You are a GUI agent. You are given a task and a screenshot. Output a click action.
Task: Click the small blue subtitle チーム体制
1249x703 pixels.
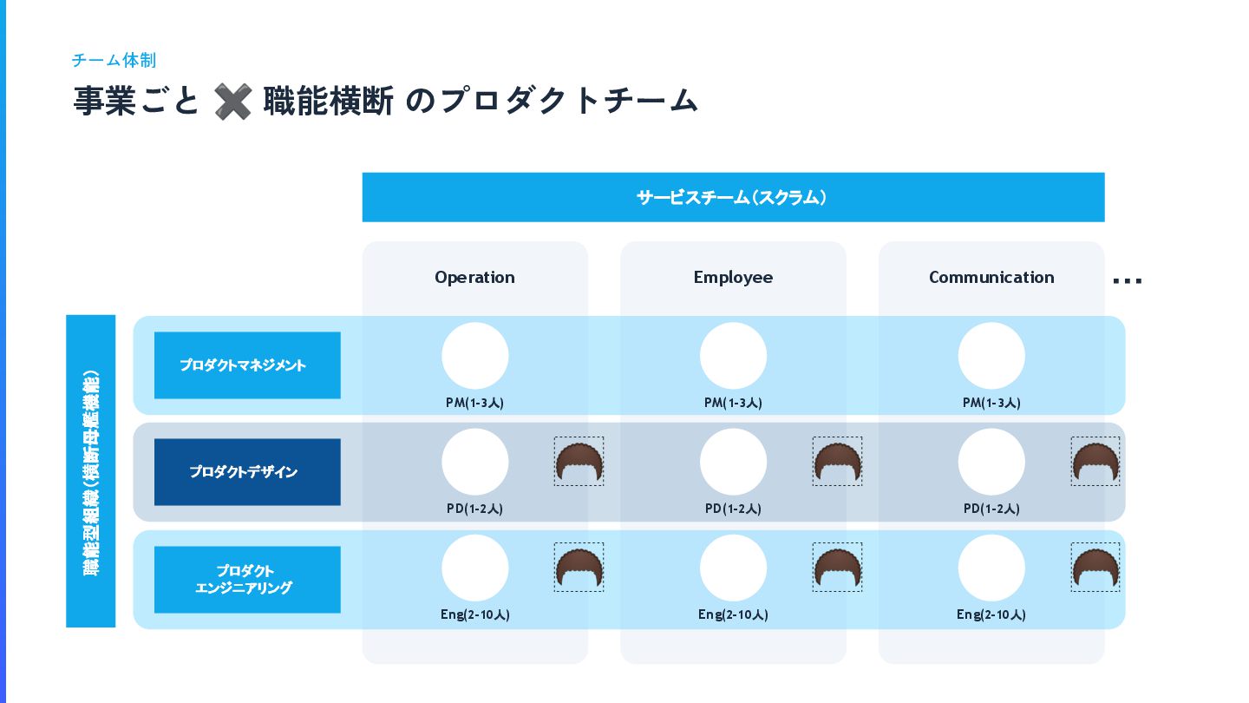click(114, 60)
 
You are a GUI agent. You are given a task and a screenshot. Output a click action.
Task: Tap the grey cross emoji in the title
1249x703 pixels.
click(232, 102)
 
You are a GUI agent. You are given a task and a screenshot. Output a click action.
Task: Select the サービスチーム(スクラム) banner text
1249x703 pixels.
click(733, 197)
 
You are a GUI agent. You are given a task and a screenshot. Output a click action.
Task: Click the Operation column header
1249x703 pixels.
click(474, 277)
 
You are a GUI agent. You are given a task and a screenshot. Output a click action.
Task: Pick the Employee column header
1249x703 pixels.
click(733, 277)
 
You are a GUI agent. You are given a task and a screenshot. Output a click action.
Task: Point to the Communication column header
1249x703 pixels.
click(991, 277)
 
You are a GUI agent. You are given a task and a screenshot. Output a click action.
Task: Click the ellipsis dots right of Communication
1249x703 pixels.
click(1127, 280)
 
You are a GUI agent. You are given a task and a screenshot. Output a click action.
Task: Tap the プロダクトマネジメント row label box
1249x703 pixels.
click(247, 365)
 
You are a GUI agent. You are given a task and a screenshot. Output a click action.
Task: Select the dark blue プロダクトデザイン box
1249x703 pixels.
click(247, 472)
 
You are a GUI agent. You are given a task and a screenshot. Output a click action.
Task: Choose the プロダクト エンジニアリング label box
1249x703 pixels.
click(247, 580)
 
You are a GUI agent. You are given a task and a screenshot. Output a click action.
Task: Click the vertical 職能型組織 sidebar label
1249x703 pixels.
click(91, 471)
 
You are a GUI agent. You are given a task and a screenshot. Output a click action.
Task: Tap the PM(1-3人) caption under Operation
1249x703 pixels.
click(474, 403)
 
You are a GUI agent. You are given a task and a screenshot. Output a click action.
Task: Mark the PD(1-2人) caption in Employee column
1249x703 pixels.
click(733, 509)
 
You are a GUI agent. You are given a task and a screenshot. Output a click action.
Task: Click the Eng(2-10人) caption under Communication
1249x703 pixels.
click(991, 614)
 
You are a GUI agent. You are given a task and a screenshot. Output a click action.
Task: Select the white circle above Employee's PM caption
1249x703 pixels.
click(733, 356)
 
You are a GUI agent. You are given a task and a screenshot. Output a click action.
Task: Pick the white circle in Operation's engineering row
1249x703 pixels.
click(474, 568)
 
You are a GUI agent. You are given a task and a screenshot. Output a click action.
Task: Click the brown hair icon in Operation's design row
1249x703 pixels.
click(579, 462)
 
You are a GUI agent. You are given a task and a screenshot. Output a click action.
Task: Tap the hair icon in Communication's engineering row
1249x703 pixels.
click(1095, 568)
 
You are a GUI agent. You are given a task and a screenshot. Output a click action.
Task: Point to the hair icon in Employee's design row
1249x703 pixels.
click(837, 462)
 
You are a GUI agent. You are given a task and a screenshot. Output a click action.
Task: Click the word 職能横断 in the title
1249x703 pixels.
click(329, 102)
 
